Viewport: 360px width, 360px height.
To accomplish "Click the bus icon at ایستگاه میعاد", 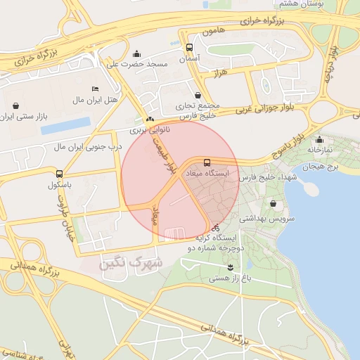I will (x=206, y=162).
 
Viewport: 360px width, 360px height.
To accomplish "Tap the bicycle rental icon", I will (x=215, y=228).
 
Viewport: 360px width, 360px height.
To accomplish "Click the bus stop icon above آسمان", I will (x=188, y=47).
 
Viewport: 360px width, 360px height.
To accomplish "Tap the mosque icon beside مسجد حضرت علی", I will (x=136, y=53).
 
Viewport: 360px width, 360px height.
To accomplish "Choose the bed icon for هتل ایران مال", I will (x=96, y=89).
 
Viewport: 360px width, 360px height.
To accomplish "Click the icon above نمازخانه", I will (x=320, y=139).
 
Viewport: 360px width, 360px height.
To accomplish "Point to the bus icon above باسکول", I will (x=58, y=173).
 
